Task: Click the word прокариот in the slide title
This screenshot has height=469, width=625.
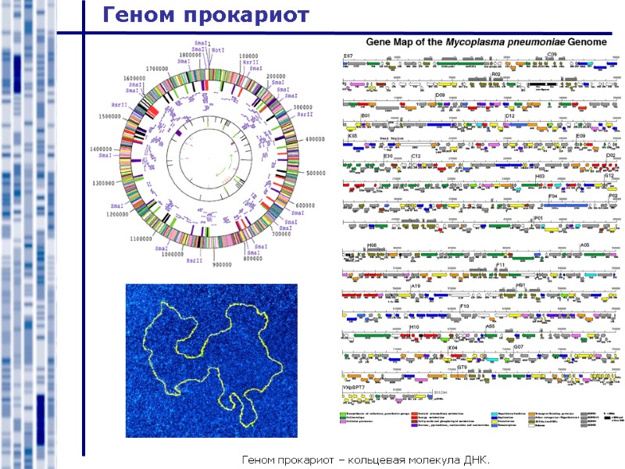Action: (245, 15)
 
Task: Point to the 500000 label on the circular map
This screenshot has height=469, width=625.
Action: (320, 173)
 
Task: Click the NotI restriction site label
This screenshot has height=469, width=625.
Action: (217, 51)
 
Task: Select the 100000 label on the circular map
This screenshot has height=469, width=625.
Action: (248, 56)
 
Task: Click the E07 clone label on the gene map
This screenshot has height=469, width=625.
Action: (348, 56)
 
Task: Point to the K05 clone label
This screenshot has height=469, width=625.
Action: (352, 136)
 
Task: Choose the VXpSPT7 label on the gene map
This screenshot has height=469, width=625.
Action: (354, 388)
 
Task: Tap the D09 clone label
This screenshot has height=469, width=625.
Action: (440, 95)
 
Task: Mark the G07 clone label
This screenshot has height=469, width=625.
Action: (518, 346)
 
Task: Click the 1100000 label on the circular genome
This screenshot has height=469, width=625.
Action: (146, 239)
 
